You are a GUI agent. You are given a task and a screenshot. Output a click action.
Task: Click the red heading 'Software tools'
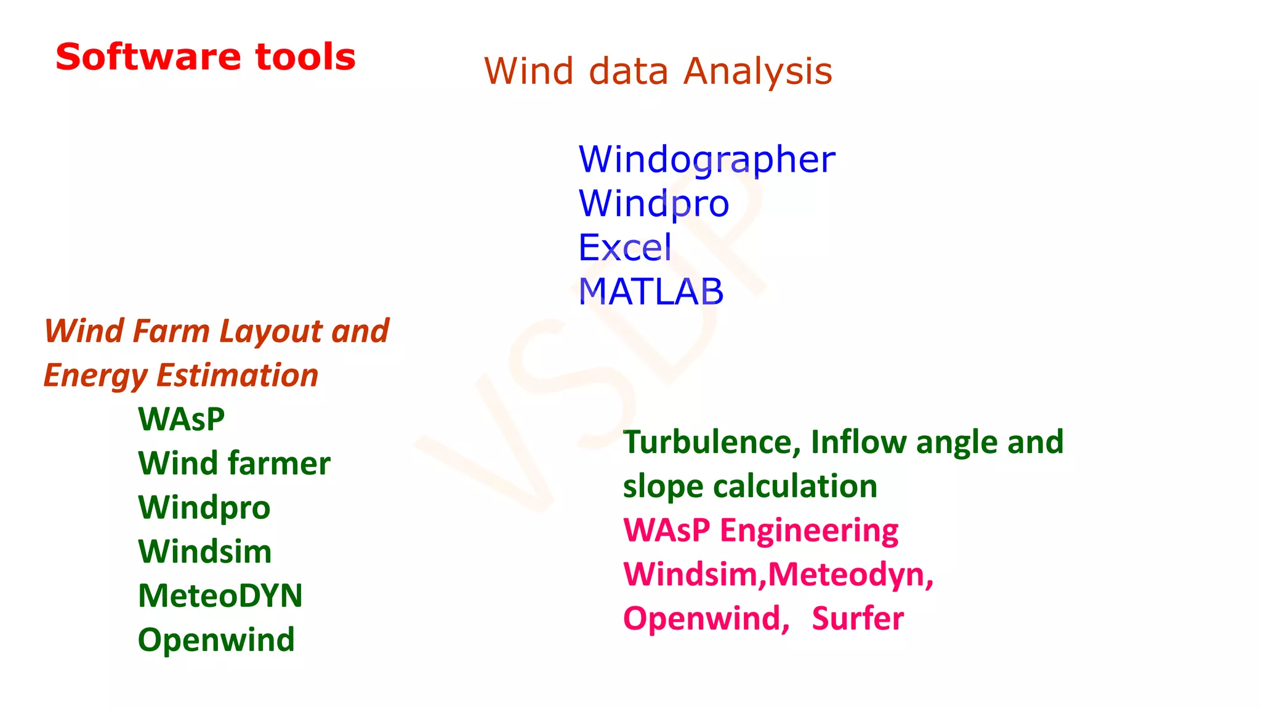coord(205,57)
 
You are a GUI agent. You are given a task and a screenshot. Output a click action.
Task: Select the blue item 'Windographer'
coord(707,159)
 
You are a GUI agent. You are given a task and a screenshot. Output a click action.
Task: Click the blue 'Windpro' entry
coord(654,204)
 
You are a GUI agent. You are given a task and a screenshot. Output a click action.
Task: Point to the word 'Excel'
coord(625,247)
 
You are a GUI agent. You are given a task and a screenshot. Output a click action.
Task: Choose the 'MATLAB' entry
coord(651,292)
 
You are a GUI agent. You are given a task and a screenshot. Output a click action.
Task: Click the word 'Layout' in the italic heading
coord(271,331)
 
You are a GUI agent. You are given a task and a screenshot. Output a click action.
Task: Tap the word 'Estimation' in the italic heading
coord(237,375)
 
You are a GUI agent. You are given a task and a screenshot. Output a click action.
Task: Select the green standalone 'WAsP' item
coord(182,419)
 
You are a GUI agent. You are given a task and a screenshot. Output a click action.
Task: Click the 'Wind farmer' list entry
coord(234,463)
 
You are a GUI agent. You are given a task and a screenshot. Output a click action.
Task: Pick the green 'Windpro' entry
coord(204,508)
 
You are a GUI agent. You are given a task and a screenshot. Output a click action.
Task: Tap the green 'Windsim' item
coord(205,551)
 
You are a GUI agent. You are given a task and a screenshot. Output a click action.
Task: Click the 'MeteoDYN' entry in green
coord(220,596)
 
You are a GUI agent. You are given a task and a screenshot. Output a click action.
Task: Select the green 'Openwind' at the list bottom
coord(216,639)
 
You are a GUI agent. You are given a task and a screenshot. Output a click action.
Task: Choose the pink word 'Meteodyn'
coord(850,574)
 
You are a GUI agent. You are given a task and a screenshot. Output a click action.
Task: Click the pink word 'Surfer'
coord(858,619)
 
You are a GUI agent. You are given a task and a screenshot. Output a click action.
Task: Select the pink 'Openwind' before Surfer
coord(706,619)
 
